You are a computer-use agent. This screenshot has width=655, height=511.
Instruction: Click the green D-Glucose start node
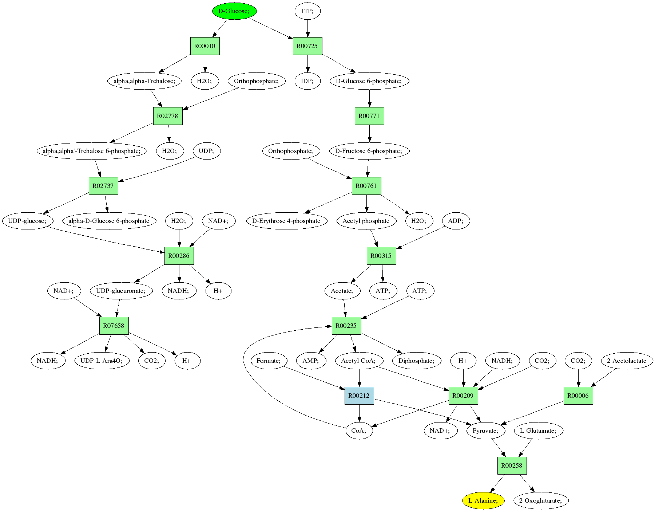(x=234, y=11)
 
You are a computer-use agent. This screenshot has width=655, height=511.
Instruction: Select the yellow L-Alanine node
(x=483, y=500)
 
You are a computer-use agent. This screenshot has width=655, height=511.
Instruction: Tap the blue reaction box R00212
(x=359, y=396)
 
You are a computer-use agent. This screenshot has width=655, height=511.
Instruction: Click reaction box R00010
(x=205, y=46)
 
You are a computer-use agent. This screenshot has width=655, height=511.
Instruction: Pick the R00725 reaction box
(x=307, y=46)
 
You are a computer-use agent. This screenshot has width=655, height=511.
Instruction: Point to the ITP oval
(x=307, y=11)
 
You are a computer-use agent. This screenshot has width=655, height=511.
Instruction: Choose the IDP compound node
(x=307, y=81)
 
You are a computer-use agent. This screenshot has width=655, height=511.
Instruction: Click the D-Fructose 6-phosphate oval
(x=369, y=151)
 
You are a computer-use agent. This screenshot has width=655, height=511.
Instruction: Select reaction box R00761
(x=366, y=186)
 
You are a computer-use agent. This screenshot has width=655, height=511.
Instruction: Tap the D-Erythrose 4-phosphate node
(x=286, y=221)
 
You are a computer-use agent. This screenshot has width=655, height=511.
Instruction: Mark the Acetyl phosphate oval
(x=366, y=221)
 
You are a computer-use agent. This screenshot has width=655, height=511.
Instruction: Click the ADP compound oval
(x=456, y=221)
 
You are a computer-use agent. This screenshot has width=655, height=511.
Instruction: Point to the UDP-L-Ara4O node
(x=102, y=361)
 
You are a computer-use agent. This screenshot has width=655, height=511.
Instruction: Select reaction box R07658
(x=114, y=326)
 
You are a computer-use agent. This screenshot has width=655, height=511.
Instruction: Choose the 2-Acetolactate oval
(x=627, y=361)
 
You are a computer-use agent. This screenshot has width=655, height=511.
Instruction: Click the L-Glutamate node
(x=539, y=431)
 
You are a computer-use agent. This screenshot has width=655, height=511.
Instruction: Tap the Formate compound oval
(x=269, y=361)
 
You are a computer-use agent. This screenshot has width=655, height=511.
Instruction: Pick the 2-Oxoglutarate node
(x=541, y=500)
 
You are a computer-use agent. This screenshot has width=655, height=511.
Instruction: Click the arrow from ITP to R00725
(x=307, y=28)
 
